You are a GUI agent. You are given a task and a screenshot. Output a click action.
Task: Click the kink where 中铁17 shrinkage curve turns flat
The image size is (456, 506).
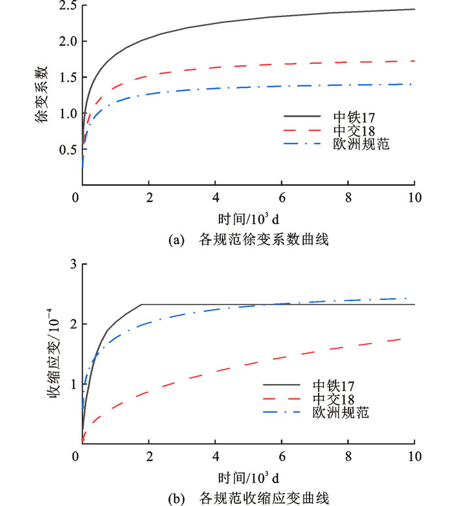pyautogui.click(x=142, y=305)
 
